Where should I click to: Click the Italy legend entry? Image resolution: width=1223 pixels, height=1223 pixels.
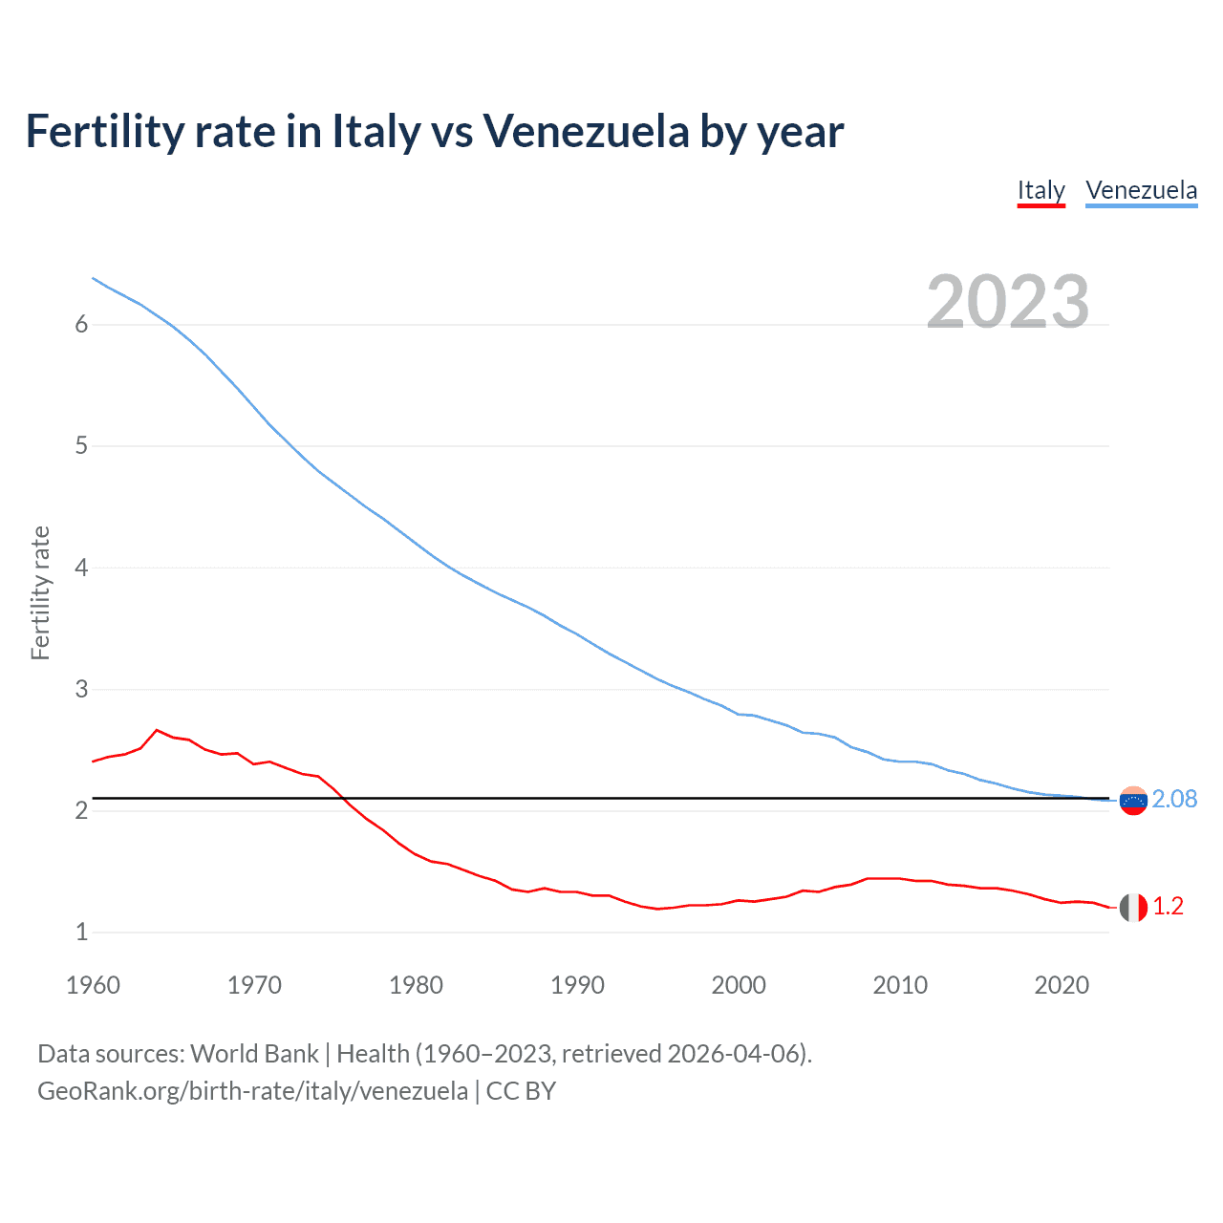click(1041, 190)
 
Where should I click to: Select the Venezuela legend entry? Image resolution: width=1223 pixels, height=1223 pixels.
click(1141, 190)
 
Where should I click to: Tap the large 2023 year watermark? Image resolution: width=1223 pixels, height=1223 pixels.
click(1008, 302)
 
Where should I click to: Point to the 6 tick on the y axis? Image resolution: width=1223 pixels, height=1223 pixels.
click(81, 325)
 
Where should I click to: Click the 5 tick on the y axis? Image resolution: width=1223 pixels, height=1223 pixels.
click(81, 446)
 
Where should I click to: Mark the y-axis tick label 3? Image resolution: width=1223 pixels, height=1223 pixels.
click(81, 689)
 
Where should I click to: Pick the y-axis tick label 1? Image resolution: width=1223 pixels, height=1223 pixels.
click(81, 932)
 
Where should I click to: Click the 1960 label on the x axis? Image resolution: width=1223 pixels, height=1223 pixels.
click(93, 985)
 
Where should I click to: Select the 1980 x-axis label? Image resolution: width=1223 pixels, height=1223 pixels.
click(416, 985)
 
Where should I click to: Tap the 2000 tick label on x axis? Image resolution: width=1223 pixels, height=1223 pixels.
click(739, 985)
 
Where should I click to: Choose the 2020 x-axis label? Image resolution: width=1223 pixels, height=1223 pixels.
click(1062, 985)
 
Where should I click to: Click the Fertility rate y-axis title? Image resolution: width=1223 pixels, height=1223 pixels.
click(40, 592)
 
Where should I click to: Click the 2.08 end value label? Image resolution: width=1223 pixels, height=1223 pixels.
click(1174, 800)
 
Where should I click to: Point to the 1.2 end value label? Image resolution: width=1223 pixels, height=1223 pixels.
click(1168, 907)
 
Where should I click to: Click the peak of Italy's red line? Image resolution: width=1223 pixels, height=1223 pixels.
click(157, 730)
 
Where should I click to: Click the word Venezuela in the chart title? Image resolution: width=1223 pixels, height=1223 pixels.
click(585, 132)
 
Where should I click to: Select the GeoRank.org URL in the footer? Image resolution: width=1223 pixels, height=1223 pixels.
click(252, 1091)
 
